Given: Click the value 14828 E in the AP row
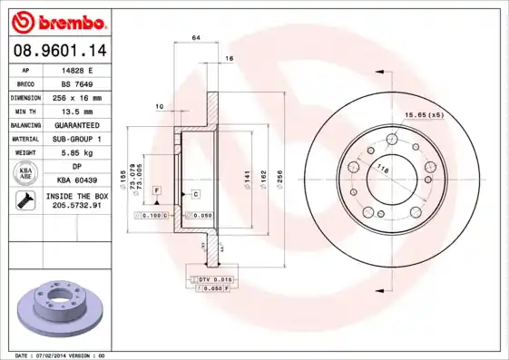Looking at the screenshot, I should pyautogui.click(x=77, y=69).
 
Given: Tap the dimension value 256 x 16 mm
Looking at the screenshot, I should pyautogui.click(x=77, y=96).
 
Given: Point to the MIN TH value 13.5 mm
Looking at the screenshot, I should pyautogui.click(x=77, y=110).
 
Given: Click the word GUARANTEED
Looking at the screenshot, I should pyautogui.click(x=77, y=124).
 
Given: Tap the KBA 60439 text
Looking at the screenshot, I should pyautogui.click(x=77, y=180).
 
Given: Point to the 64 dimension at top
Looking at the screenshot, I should pyautogui.click(x=195, y=37).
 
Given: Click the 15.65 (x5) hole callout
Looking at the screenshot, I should pyautogui.click(x=424, y=114).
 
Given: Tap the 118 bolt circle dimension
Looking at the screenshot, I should pyautogui.click(x=383, y=170).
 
